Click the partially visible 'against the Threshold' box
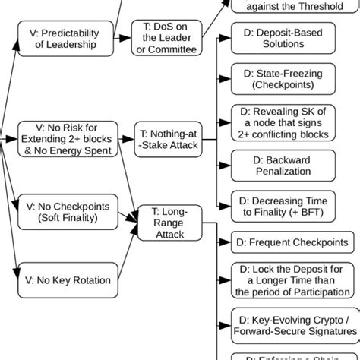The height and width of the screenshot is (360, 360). [x=293, y=7]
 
